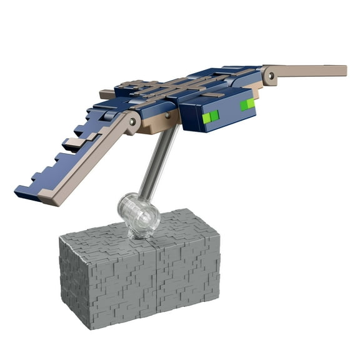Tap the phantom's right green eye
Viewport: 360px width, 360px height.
coord(247,104)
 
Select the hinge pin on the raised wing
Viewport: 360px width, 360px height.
coord(270,76)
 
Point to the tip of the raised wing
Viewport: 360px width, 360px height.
coord(343,70)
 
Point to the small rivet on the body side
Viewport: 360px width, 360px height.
coord(167,115)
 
